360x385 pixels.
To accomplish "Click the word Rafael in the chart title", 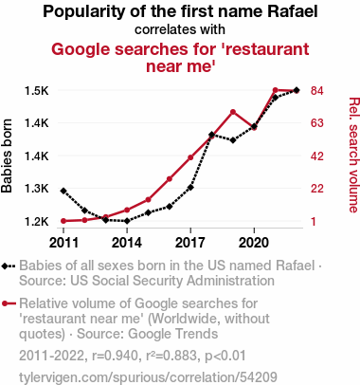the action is [293, 11].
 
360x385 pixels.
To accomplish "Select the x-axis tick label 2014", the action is [127, 243].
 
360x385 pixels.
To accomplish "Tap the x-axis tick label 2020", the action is [254, 243].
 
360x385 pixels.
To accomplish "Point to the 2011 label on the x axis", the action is [63, 243].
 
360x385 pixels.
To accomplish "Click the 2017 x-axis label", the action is [190, 243].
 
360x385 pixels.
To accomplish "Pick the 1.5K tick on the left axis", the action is [37, 91].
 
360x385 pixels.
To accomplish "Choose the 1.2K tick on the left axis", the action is [37, 221].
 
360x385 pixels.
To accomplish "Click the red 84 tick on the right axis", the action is [317, 91].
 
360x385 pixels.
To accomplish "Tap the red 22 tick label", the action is [317, 189].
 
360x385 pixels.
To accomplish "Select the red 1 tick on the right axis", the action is [314, 221].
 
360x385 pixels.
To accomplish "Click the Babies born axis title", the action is [7, 156].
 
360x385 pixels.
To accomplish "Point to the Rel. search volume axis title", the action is [353, 155].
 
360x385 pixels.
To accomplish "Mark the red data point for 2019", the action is [233, 112].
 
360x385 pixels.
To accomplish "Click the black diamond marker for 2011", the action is [63, 191].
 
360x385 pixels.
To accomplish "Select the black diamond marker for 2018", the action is [211, 135].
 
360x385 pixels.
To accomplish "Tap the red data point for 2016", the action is [170, 179].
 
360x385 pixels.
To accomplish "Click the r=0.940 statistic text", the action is [115, 356].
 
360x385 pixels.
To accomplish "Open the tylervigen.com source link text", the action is [148, 377].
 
